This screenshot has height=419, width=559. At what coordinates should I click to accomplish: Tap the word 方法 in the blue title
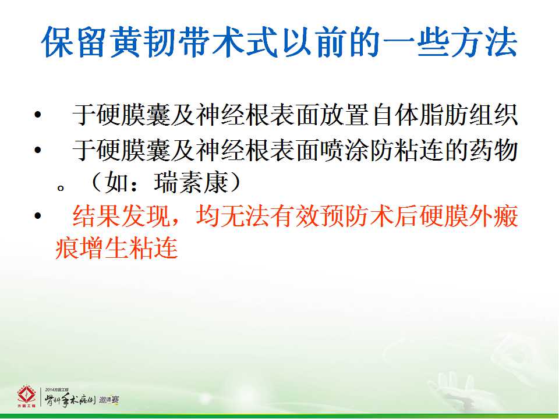coord(484,42)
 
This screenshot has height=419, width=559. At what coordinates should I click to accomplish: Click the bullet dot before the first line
coord(38,115)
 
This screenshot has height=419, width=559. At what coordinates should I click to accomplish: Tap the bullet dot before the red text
coord(38,215)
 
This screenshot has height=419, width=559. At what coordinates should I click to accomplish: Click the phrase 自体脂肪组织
coord(444,115)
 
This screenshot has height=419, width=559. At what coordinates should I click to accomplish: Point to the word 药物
coord(493,150)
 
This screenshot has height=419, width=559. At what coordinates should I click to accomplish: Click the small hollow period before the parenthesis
coord(61,188)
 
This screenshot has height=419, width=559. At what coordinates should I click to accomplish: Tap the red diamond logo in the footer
coord(26,396)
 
